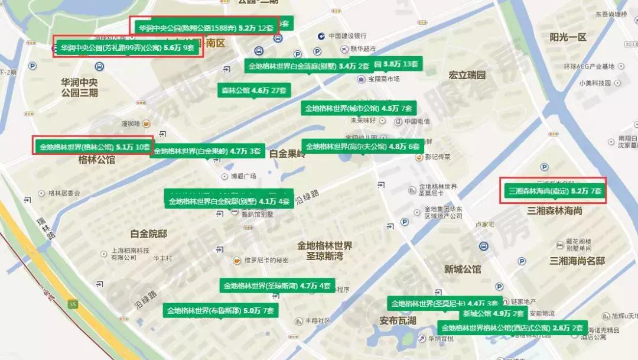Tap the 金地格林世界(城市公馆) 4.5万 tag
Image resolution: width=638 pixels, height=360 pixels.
point(359,108)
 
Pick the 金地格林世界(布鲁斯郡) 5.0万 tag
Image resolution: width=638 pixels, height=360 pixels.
point(220,310)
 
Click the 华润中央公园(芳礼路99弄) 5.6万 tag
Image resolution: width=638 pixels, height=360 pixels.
point(128,48)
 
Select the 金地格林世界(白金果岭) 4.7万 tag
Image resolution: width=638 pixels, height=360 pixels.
point(206,151)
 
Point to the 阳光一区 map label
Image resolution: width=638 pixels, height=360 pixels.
point(568,37)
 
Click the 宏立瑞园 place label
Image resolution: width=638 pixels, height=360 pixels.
point(467,76)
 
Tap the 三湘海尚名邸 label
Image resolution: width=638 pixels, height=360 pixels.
point(577,261)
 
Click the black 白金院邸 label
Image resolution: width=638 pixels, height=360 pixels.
point(149,234)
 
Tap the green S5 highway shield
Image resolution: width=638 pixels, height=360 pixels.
point(73,304)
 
